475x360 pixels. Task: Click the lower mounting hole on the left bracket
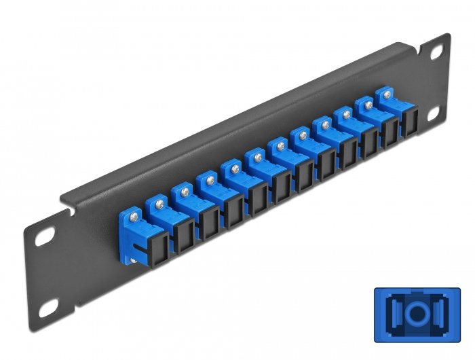pos(47,310)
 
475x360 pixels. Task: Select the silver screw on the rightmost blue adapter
pos(387,94)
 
